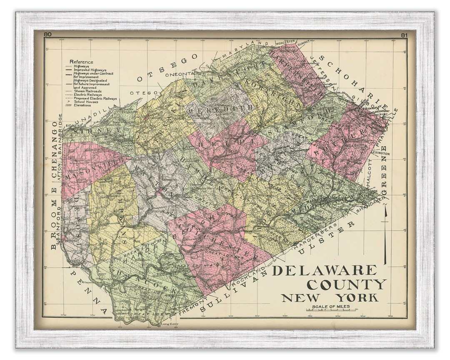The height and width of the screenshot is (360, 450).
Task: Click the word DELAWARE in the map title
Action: (x=325, y=270)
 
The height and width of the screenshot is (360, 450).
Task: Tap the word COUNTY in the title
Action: (x=346, y=285)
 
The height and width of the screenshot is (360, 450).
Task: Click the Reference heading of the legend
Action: (x=81, y=62)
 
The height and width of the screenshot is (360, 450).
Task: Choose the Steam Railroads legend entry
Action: (x=87, y=91)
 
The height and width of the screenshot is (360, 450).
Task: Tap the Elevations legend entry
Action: (x=82, y=105)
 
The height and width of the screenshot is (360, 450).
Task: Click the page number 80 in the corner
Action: (x=47, y=35)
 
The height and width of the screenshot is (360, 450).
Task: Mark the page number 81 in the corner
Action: (x=403, y=35)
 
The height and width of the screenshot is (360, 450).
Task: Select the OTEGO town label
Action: (x=139, y=92)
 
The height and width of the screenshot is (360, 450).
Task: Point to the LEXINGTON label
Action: (x=380, y=154)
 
